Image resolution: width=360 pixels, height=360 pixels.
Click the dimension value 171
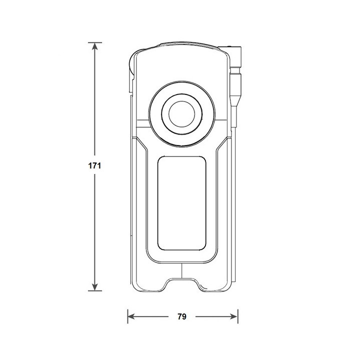coord(95,166)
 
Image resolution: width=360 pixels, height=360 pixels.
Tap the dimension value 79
coord(182,316)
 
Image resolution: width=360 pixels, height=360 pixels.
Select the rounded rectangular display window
coord(182,202)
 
